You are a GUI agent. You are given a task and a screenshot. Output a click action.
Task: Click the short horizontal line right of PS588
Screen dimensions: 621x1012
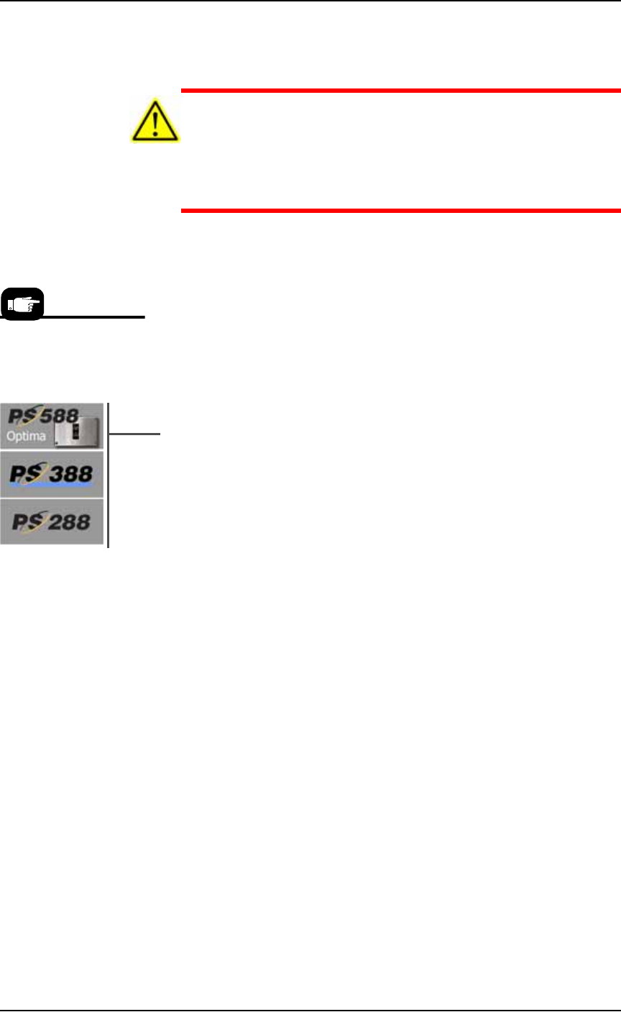135,434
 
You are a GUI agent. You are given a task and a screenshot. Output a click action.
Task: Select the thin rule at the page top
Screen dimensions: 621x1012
310,1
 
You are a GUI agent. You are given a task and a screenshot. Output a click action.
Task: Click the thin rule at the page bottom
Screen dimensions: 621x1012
310,1010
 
